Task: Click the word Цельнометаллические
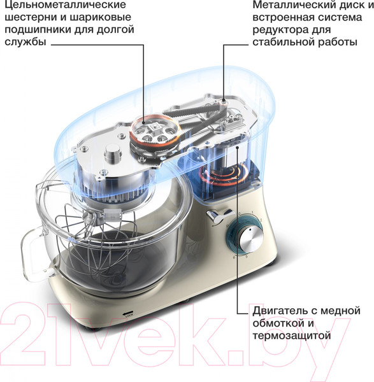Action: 66,5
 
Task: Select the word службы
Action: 25,41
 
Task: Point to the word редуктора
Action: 280,30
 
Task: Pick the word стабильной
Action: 284,42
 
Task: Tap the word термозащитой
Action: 292,336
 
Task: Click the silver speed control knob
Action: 252,237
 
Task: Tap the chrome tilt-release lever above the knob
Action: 218,215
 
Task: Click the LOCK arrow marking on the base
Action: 128,314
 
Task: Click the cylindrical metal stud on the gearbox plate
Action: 113,153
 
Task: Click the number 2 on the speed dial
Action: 261,220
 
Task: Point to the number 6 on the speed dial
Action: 234,257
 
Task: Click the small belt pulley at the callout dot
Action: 224,101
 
